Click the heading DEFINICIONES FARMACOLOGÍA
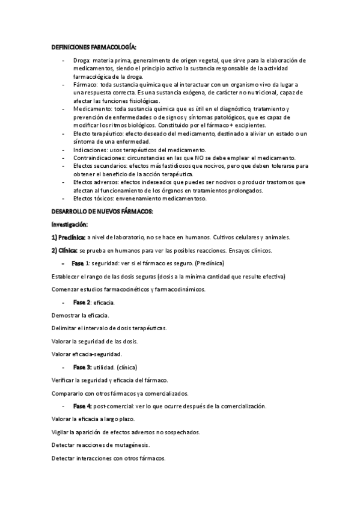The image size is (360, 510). (93, 47)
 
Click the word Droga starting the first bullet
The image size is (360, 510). (81, 61)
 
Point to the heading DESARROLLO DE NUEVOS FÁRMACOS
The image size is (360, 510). (102, 211)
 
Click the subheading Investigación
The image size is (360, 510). (70, 224)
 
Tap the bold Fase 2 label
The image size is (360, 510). (82, 303)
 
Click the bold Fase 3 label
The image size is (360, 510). (82, 367)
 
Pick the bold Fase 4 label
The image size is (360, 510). (82, 407)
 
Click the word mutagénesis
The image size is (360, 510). (129, 445)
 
